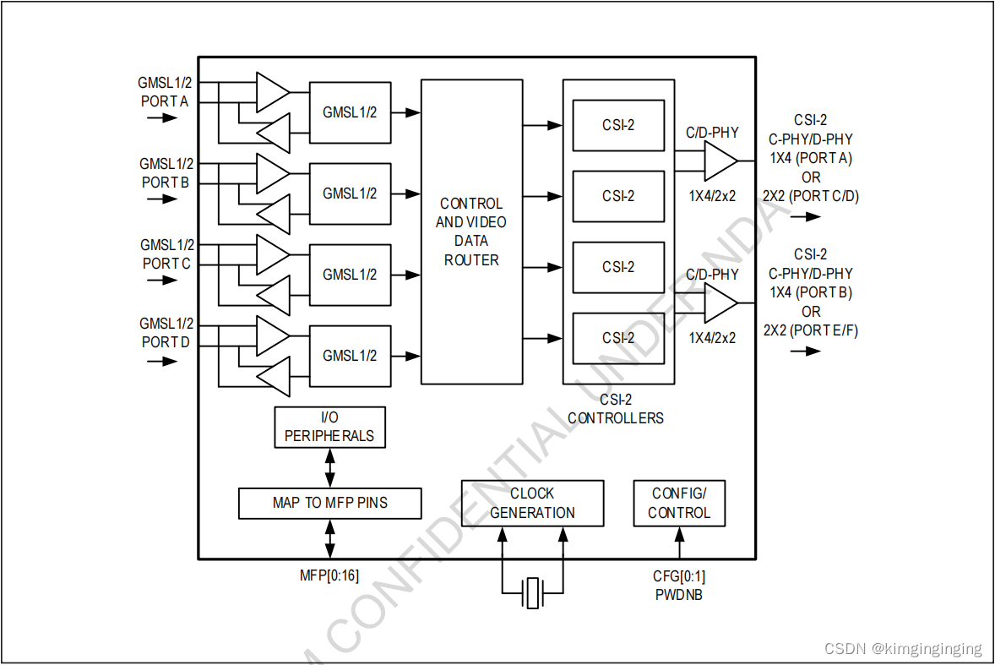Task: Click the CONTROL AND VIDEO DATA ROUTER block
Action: click(471, 232)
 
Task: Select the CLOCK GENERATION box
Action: click(532, 503)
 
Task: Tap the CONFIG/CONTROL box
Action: click(679, 503)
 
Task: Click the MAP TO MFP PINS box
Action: click(329, 503)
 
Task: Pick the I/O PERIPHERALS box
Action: click(329, 427)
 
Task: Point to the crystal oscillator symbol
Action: click(532, 592)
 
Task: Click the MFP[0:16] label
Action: click(329, 575)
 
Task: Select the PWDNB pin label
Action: click(679, 594)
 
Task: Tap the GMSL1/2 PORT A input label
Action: click(166, 92)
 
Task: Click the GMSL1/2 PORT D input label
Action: click(166, 333)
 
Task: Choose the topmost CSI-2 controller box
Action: click(618, 125)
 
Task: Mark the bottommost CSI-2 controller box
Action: click(618, 338)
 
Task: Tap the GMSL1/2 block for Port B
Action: click(350, 194)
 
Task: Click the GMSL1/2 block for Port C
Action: click(350, 275)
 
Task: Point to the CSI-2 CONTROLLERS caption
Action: click(616, 409)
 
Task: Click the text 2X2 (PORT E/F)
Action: click(811, 330)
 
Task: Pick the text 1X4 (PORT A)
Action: click(811, 158)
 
